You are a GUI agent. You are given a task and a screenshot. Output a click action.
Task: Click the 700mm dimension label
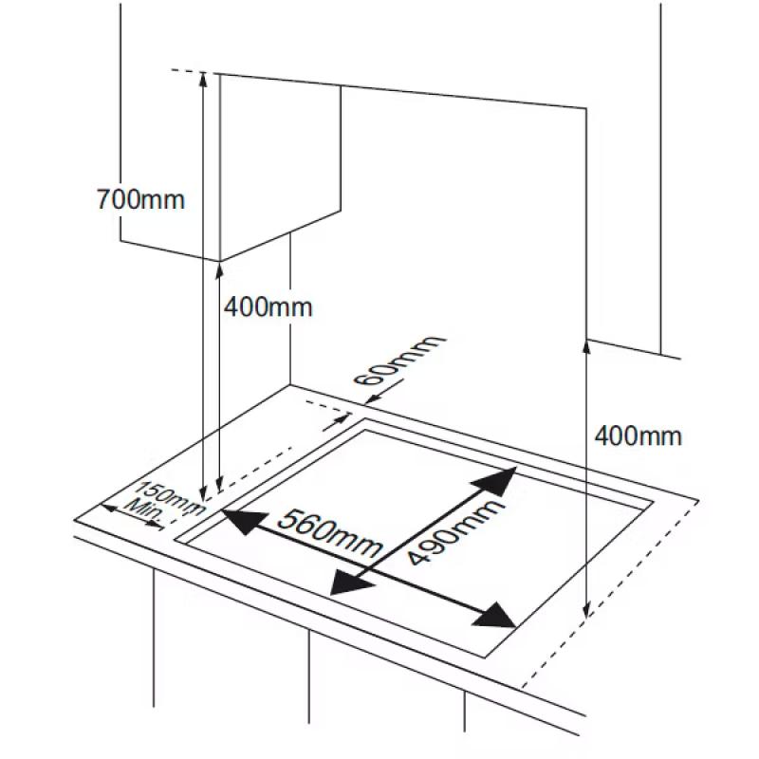[x=140, y=199]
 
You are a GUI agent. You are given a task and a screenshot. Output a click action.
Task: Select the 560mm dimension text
[x=330, y=533]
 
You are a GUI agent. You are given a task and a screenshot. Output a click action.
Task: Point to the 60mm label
[x=398, y=360]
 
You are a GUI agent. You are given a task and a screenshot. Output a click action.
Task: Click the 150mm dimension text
[x=170, y=497]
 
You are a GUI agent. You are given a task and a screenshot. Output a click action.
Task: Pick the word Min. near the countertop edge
[x=144, y=512]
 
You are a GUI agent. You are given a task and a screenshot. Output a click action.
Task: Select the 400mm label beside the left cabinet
[x=268, y=306]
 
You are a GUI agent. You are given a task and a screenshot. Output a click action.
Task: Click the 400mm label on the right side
[x=638, y=435]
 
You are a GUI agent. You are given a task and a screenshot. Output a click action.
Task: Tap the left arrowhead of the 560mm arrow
[x=245, y=521]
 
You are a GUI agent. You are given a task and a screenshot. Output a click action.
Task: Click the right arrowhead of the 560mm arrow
[x=493, y=616]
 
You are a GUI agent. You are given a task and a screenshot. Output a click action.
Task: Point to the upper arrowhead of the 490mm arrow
[x=494, y=481]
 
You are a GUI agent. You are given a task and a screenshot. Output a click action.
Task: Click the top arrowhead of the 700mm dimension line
[x=203, y=81]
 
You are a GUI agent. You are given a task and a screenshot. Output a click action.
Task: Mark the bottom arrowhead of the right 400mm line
[x=586, y=609]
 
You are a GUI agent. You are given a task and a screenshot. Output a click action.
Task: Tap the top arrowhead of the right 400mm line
[x=586, y=347]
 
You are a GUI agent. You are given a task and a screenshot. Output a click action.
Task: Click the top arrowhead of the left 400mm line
[x=219, y=271]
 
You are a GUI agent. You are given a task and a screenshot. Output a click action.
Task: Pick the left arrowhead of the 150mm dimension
[x=108, y=508]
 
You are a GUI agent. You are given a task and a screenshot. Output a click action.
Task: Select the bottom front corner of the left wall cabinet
[x=220, y=261]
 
